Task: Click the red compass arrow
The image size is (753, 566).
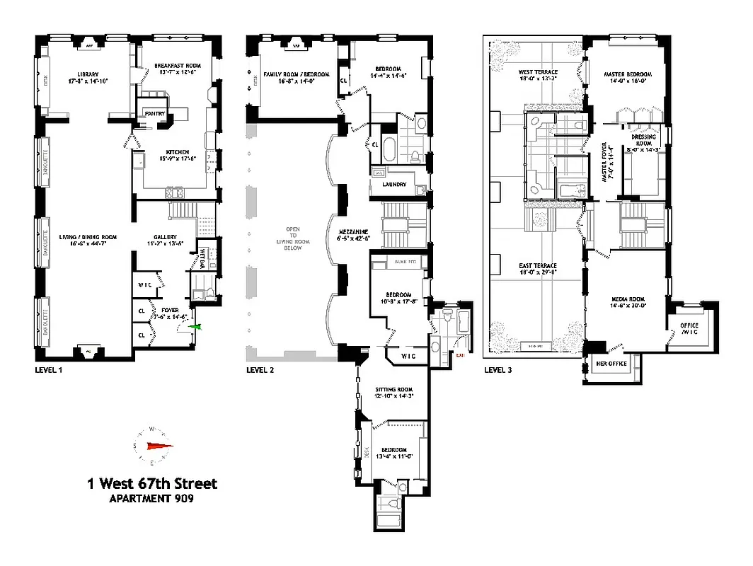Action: (x=159, y=446)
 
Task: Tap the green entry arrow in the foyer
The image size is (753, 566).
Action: (x=197, y=326)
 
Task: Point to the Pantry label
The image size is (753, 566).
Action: (x=154, y=113)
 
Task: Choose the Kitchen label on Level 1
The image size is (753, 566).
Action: (x=176, y=151)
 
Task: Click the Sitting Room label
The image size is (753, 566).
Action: (x=394, y=390)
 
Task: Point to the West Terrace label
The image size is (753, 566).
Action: (x=538, y=72)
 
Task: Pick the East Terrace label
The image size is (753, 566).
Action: (x=537, y=265)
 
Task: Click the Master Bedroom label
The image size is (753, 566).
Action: (x=627, y=74)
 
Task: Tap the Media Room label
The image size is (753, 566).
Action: (x=627, y=299)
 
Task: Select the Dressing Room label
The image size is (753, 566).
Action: (x=644, y=139)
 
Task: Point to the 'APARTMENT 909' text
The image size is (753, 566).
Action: (x=151, y=499)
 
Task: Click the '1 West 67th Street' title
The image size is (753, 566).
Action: (x=151, y=484)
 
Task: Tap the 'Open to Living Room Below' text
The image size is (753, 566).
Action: (x=292, y=238)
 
